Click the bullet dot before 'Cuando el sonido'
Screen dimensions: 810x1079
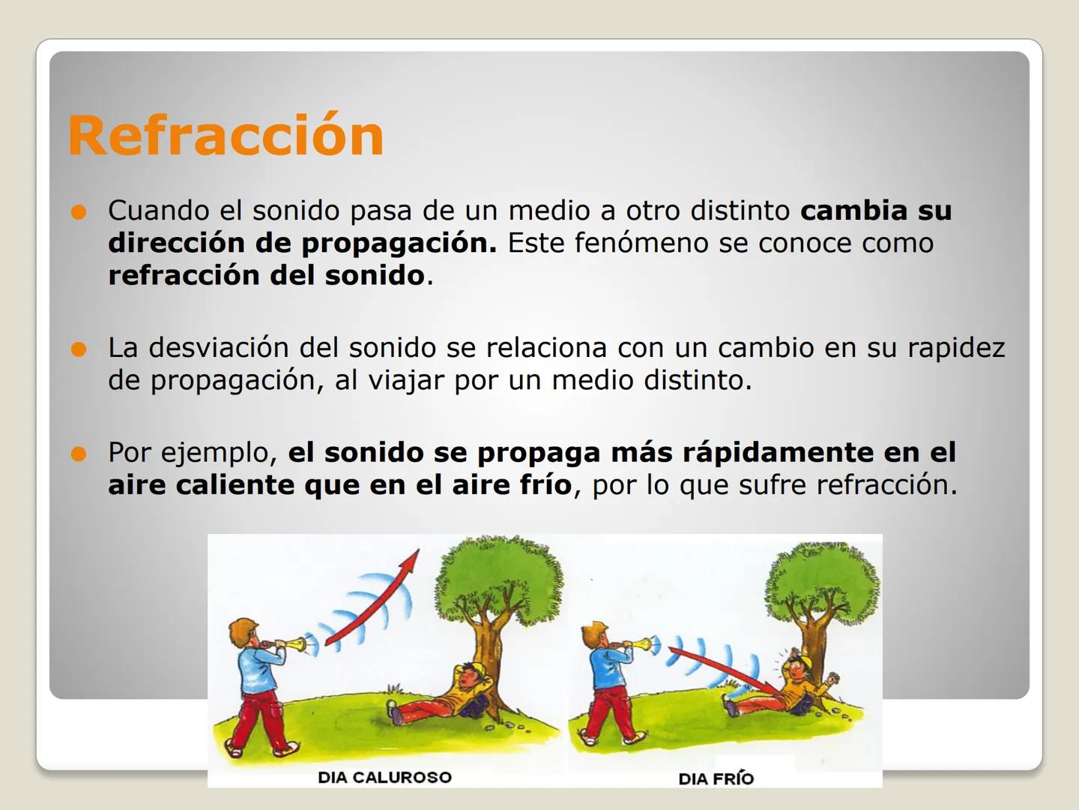click(x=79, y=211)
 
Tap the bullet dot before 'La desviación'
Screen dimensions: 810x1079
click(x=79, y=349)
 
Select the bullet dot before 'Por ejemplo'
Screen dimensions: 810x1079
click(x=79, y=454)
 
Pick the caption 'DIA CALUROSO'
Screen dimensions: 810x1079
click(x=384, y=777)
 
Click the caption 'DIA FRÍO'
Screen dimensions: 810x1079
click(x=716, y=778)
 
